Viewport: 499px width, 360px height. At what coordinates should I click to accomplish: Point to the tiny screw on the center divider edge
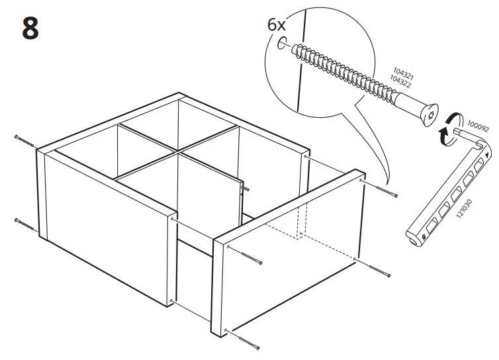(x=244, y=187)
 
